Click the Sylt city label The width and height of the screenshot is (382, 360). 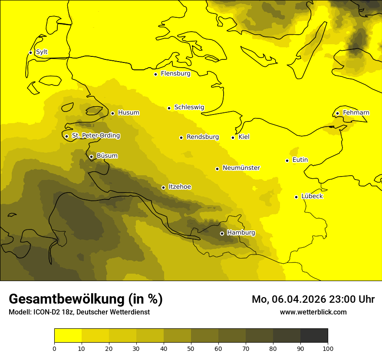[x=42, y=52]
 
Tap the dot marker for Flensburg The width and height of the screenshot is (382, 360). [x=155, y=74]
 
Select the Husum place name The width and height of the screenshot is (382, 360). [x=128, y=113]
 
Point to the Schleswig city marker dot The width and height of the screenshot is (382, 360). [x=169, y=108]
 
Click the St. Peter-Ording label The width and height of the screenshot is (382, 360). [x=95, y=136]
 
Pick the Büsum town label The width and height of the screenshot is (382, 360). [x=107, y=156]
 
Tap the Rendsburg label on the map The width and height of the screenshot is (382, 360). [x=202, y=137]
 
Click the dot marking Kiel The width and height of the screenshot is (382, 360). [x=233, y=137]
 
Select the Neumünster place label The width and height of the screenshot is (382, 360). [x=241, y=168]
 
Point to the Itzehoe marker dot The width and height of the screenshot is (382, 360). [x=163, y=188]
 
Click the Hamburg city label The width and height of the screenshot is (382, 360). [x=241, y=233]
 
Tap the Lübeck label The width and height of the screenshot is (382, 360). [x=312, y=196]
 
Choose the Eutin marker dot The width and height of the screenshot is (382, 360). [x=287, y=160]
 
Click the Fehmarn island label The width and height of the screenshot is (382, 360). [x=356, y=113]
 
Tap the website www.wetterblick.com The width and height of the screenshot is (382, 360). [x=313, y=312]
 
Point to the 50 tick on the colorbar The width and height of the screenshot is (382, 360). [x=191, y=348]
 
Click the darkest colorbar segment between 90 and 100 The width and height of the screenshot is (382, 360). [x=314, y=335]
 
